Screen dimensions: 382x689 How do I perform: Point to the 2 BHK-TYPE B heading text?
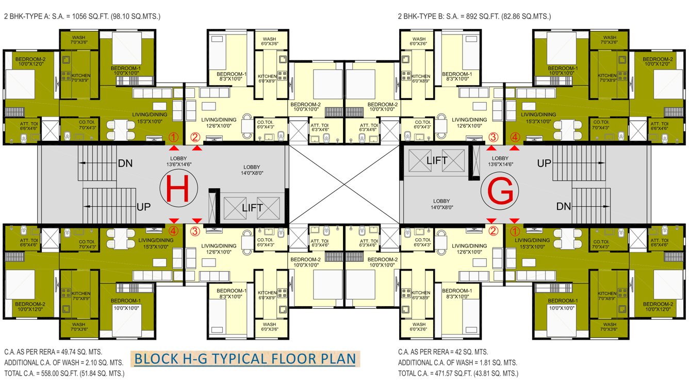pos(474,16)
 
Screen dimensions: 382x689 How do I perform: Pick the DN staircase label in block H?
pos(125,163)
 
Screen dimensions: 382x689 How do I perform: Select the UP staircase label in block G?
pos(545,163)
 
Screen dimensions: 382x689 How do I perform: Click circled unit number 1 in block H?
pos(174,137)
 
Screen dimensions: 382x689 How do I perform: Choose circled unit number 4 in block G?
pos(514,137)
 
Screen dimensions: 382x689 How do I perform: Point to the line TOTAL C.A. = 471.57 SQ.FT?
pos(458,373)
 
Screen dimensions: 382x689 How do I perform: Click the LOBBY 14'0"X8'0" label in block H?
pos(253,170)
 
